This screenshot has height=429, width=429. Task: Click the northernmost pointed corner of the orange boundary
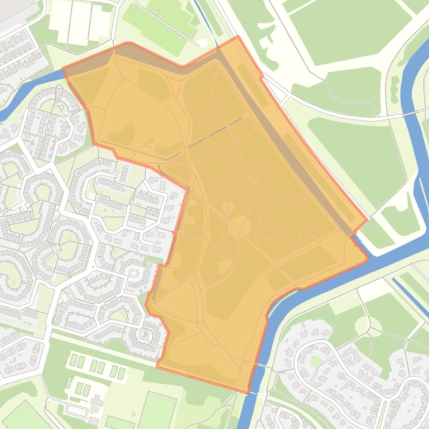point(238,37)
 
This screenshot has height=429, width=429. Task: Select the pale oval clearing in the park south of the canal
point(361,325)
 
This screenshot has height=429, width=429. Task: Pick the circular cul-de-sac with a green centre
point(144,334)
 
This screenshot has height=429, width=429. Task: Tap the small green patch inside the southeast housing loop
point(317,361)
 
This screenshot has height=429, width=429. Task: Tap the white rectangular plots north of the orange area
point(81,22)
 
